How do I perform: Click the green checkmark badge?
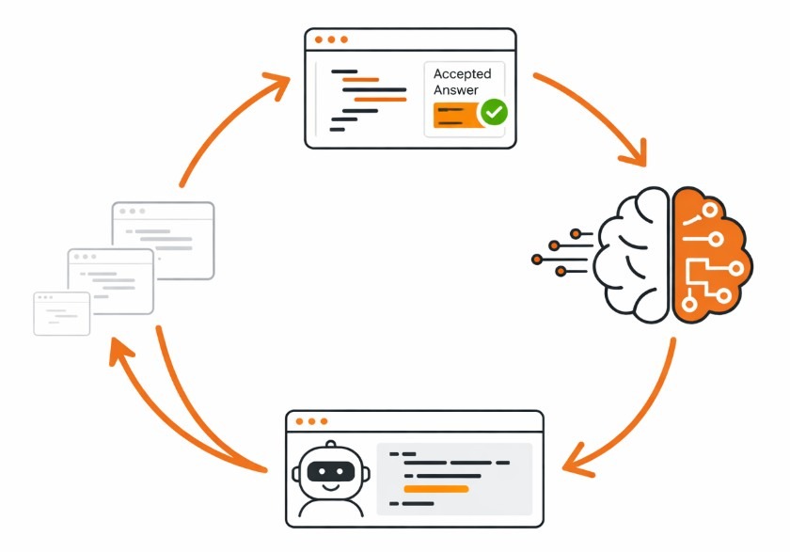pyautogui.click(x=494, y=113)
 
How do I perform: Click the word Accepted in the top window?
pyautogui.click(x=462, y=74)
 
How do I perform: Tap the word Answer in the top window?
pyautogui.click(x=455, y=90)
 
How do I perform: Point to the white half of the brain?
pyautogui.click(x=636, y=254)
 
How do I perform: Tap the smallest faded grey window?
pyautogui.click(x=62, y=313)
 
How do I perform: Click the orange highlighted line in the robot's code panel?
pyautogui.click(x=435, y=489)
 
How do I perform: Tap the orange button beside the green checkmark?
pyautogui.click(x=455, y=115)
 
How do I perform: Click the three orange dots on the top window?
pyautogui.click(x=331, y=39)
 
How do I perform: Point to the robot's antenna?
pyautogui.click(x=330, y=446)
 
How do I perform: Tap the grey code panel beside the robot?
pyautogui.click(x=454, y=479)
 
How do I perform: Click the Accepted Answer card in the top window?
pyautogui.click(x=464, y=100)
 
